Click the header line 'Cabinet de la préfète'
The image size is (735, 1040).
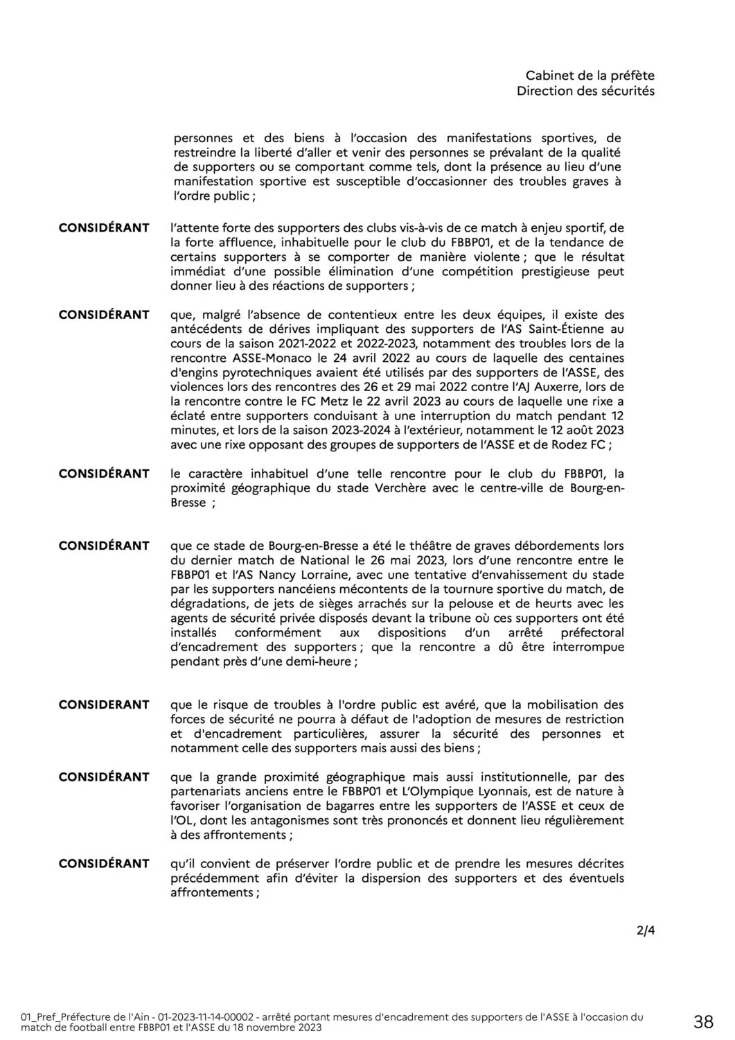click(x=590, y=76)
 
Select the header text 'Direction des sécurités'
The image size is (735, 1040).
click(x=585, y=91)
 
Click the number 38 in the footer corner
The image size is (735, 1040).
click(x=703, y=1021)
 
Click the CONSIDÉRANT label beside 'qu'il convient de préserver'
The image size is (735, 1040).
click(x=104, y=863)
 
